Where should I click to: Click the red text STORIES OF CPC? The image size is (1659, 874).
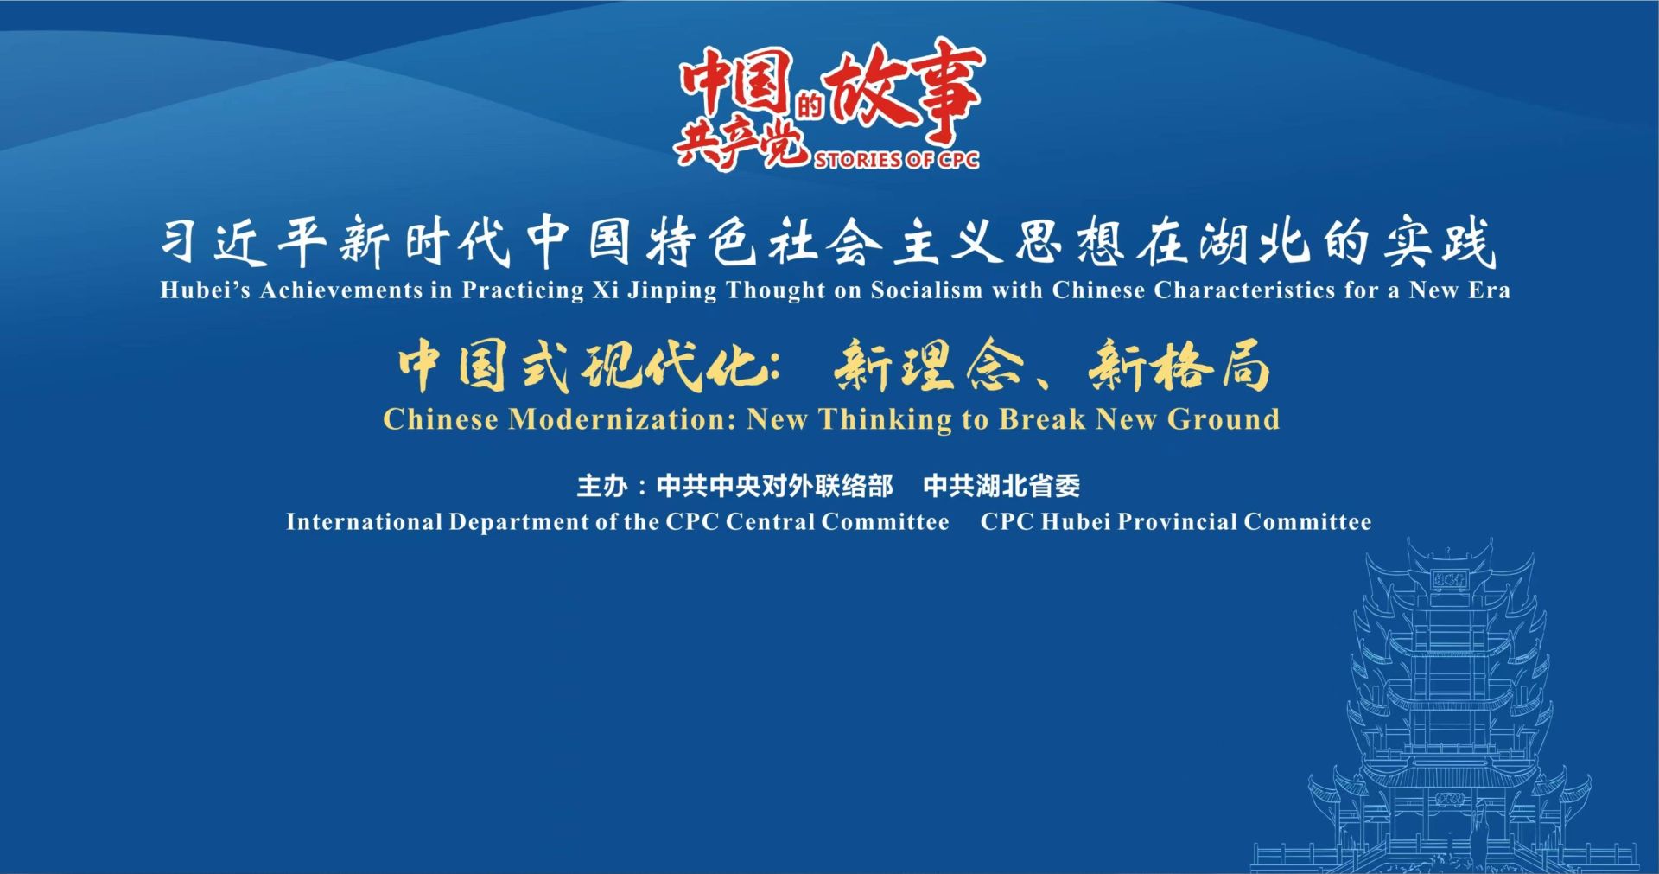click(896, 160)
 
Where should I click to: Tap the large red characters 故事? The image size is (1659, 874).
click(904, 93)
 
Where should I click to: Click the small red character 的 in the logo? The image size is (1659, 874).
click(809, 106)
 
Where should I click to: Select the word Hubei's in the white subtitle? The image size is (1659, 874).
click(205, 290)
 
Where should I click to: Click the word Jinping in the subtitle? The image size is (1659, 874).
click(672, 290)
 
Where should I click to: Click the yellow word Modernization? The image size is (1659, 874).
click(622, 419)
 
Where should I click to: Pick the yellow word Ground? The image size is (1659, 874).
click(1224, 419)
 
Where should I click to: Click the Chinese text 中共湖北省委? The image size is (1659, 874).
click(1001, 486)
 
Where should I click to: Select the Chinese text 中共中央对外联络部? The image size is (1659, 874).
click(774, 486)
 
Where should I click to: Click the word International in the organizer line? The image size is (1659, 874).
click(364, 522)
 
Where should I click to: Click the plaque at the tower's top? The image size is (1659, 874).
click(1450, 580)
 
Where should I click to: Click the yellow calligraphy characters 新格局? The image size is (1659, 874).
click(1179, 366)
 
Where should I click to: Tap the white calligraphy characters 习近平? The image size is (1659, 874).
click(243, 241)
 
